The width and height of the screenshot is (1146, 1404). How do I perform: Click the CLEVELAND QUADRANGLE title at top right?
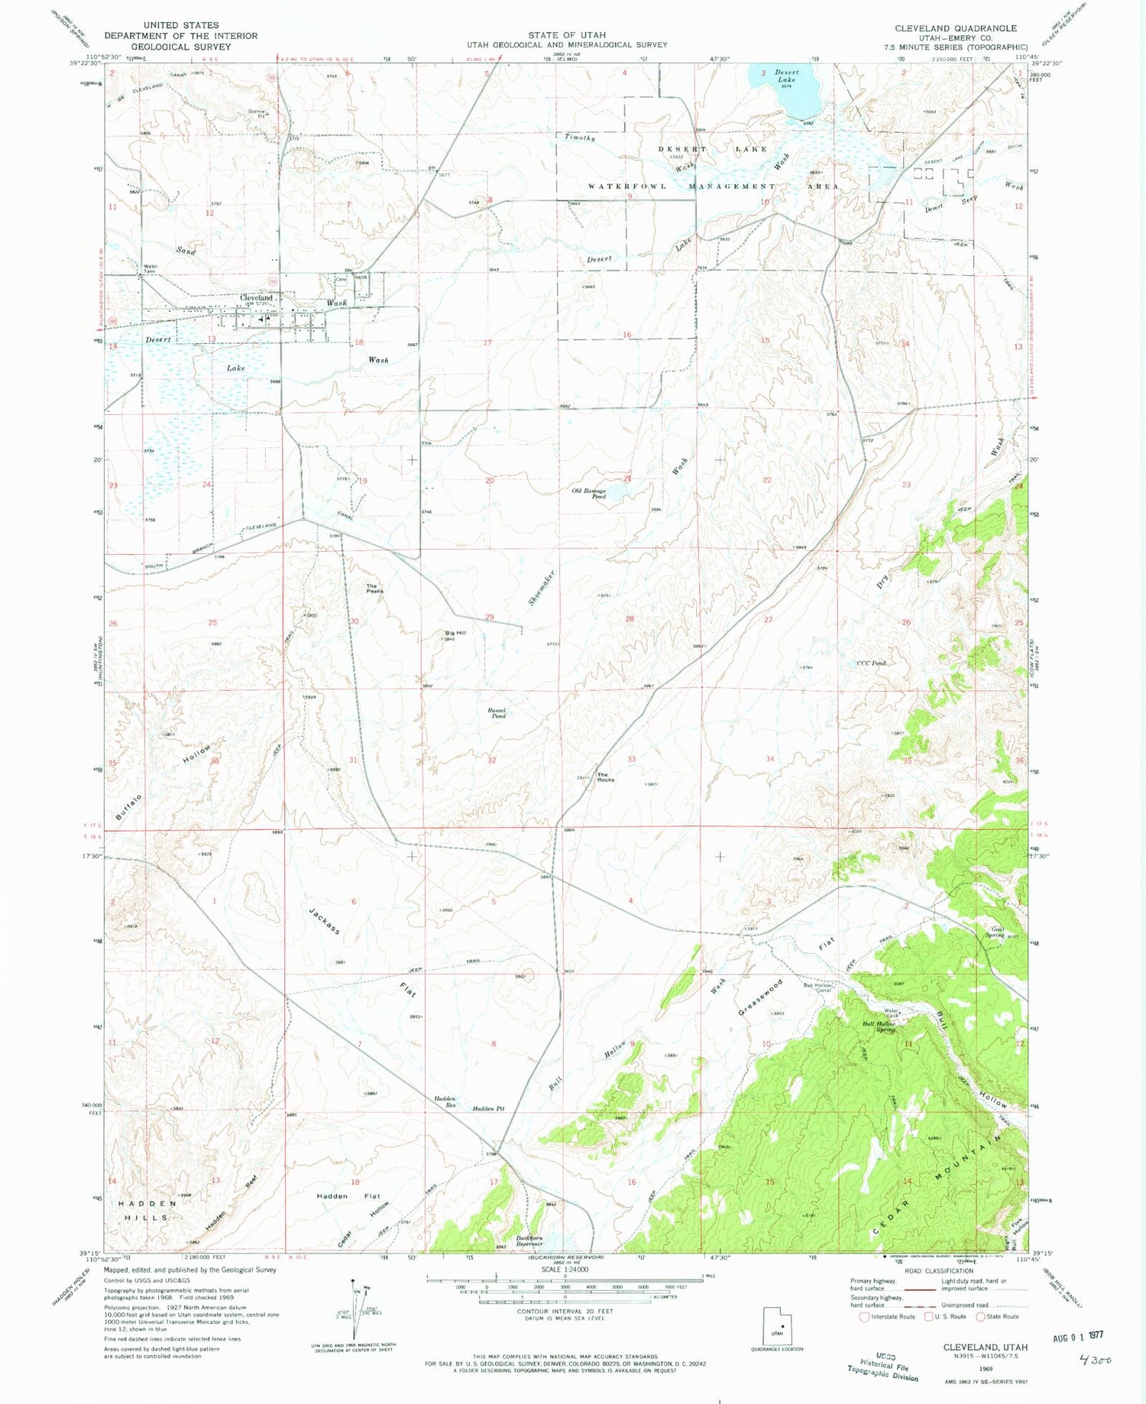[956, 28]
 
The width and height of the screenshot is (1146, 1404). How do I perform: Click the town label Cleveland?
[256, 297]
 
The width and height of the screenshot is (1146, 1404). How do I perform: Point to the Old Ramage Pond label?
[589, 494]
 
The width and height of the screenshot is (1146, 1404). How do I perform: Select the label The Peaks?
[374, 589]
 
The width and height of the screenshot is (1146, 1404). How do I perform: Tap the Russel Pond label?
[497, 713]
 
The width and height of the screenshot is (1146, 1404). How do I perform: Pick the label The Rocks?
[605, 777]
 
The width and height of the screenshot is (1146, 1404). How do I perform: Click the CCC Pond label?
[871, 663]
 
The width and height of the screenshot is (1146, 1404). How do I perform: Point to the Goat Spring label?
[994, 932]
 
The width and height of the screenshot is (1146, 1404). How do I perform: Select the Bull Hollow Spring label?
[879, 1026]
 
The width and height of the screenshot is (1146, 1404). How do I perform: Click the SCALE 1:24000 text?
[565, 1269]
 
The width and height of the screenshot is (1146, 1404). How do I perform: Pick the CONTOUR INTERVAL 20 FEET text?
[565, 1311]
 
